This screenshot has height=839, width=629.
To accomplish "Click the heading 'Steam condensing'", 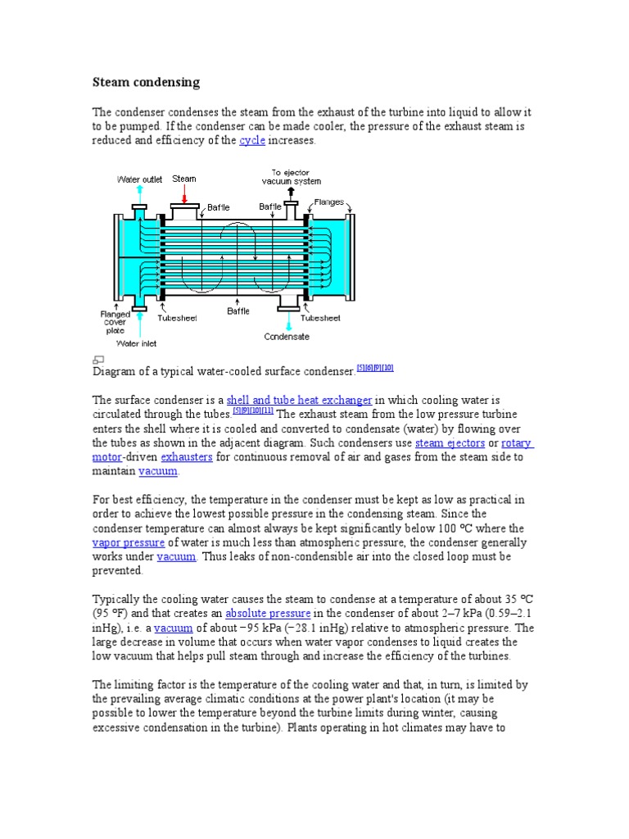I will (145, 83).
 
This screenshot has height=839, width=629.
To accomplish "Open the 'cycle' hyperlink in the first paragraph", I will (251, 141).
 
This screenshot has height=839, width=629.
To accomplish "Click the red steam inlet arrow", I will (184, 194).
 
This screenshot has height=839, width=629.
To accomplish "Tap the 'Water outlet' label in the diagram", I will (140, 179).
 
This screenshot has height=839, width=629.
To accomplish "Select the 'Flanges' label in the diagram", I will (330, 202).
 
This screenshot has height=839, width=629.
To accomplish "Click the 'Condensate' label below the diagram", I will (287, 336).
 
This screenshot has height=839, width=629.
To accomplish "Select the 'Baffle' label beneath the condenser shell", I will (238, 311).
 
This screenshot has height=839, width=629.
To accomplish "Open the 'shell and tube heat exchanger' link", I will (300, 400).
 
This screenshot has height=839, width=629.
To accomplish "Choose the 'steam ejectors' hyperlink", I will (450, 443).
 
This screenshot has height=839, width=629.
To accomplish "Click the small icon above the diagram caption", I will (98, 359).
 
